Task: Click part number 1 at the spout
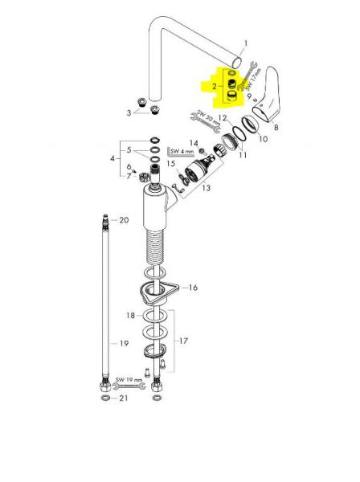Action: [245, 43]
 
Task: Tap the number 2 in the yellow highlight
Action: [215, 87]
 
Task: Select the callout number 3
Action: [129, 112]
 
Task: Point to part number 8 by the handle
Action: [276, 127]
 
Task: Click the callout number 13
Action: [206, 187]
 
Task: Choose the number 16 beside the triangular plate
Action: [193, 288]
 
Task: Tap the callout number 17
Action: [183, 341]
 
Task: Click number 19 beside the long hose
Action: [124, 343]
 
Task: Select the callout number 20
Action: [124, 220]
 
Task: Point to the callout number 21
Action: [123, 398]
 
